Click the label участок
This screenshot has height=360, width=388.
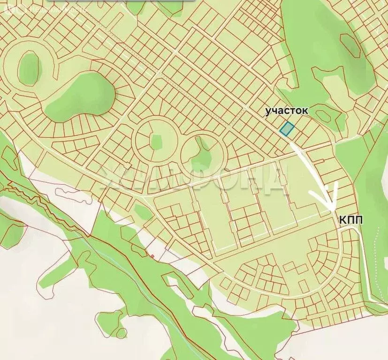point(287,111)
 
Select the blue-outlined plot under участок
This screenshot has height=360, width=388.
point(286,128)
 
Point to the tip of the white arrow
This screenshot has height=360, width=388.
point(332,210)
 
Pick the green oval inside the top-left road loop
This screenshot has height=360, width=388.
point(29,68)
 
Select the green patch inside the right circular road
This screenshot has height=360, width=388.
point(203,151)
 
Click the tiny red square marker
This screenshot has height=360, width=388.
point(152,255)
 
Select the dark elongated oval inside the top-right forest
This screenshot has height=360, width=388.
point(350,45)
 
